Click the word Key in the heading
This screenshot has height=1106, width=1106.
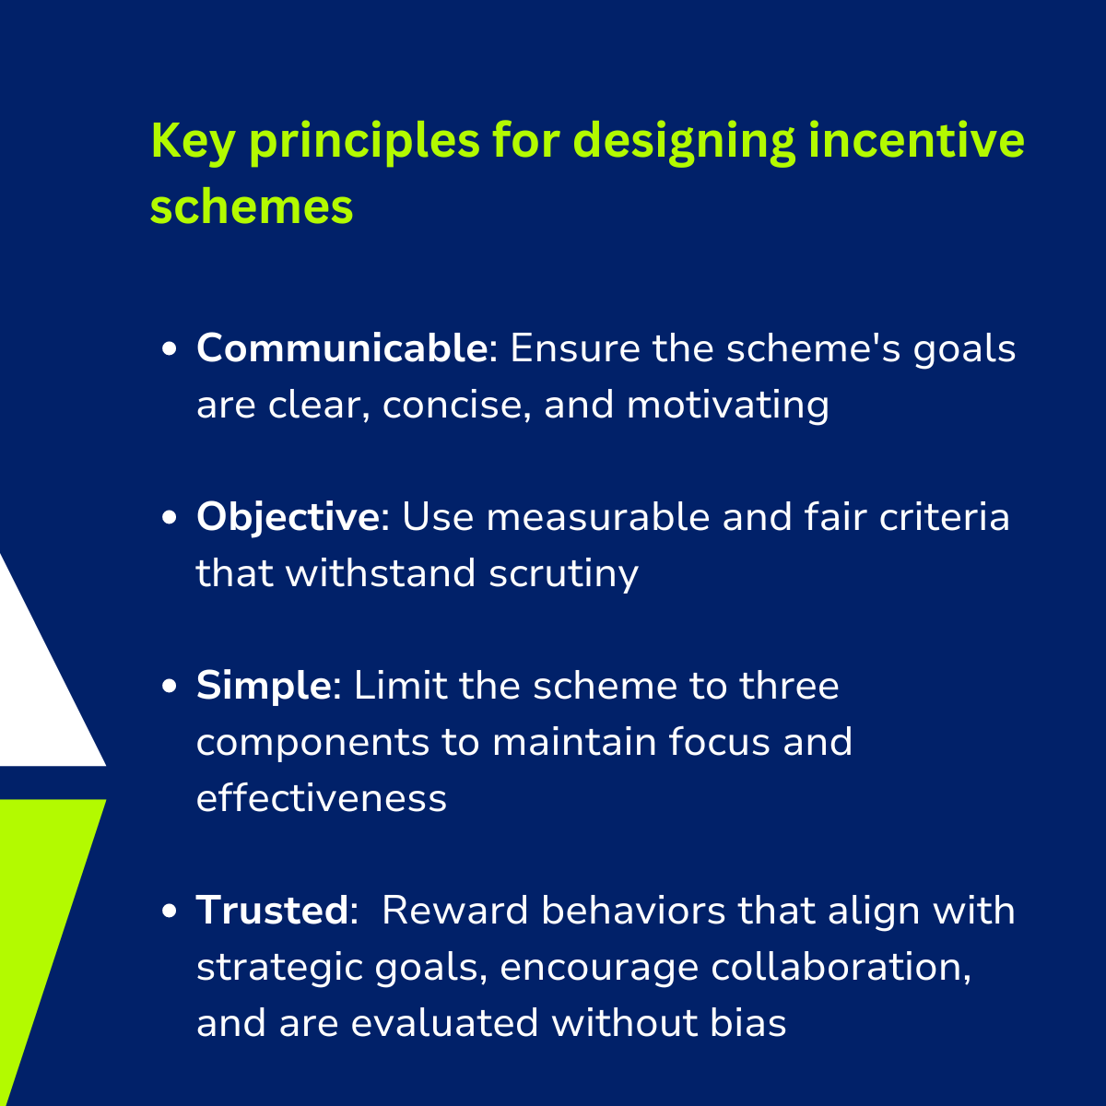[193, 142]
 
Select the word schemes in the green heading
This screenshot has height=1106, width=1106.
[252, 206]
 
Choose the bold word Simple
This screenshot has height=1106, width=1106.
[264, 687]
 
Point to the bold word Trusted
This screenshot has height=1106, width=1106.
[273, 911]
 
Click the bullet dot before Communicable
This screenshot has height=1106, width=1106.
[170, 349]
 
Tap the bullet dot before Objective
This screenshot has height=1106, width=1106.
[170, 517]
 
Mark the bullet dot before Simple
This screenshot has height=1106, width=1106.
[170, 686]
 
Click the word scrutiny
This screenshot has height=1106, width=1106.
[564, 574]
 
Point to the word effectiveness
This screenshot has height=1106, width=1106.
[322, 798]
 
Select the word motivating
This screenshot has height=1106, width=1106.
[728, 406]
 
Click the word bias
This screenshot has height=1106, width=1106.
[747, 1023]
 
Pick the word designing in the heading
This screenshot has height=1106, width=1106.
[684, 142]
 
